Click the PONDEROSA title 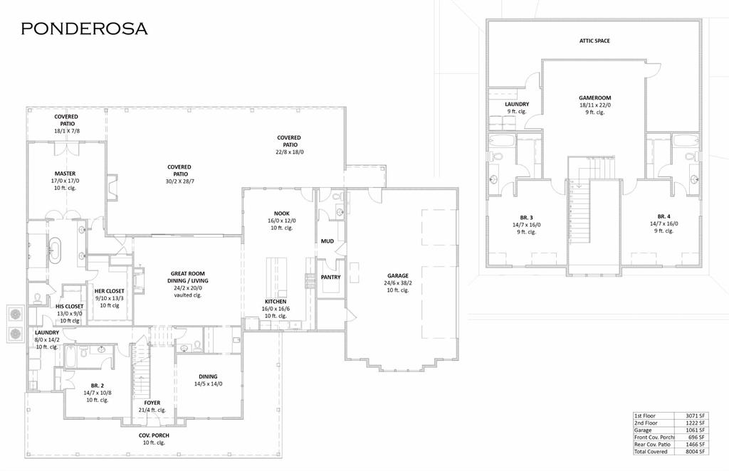[84, 28]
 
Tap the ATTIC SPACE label [594, 41]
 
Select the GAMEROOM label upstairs [594, 98]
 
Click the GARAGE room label [398, 276]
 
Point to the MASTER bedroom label [65, 174]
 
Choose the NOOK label [282, 213]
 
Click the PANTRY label [330, 277]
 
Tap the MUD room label [327, 241]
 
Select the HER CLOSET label [110, 291]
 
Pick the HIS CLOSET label [70, 307]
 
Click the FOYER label [152, 403]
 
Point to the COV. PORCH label [154, 435]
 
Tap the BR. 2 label [97, 385]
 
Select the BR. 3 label [526, 216]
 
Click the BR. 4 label [664, 216]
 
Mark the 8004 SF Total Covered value [694, 451]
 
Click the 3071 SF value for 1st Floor [694, 416]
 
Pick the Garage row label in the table [644, 430]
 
